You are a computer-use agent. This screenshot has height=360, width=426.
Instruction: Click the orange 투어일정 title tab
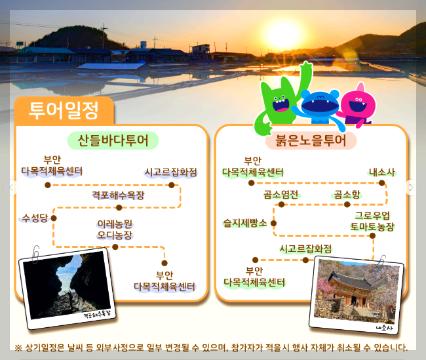[63, 110]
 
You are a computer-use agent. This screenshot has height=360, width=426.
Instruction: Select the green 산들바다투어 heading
[113, 141]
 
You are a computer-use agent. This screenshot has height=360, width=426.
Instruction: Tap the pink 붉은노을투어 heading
[311, 141]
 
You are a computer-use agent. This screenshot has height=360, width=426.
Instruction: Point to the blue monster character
[320, 106]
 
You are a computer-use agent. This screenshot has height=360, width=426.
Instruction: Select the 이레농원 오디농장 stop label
[115, 230]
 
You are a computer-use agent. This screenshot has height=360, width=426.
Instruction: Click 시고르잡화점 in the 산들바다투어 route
[171, 172]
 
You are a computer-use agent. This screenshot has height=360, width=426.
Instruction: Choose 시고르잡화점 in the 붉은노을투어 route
[305, 249]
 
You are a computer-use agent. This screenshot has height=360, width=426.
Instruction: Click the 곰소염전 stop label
[282, 194]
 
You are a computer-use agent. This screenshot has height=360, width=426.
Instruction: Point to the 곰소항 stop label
[347, 194]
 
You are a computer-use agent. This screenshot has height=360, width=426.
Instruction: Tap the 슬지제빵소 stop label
[245, 223]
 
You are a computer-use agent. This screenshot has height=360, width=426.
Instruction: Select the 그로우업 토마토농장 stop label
[372, 222]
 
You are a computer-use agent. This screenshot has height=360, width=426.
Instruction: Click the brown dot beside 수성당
[54, 218]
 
